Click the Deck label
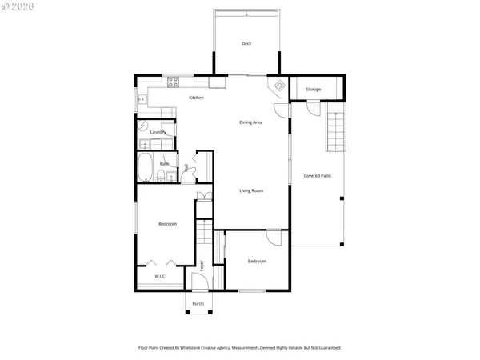tap(246, 43)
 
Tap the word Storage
tap(313, 89)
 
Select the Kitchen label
tap(196, 98)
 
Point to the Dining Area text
tap(251, 122)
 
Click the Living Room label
tap(251, 190)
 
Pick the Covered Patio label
tap(318, 175)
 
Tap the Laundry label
tap(158, 132)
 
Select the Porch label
tap(198, 303)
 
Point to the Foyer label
tap(202, 265)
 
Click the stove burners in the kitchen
tap(173, 80)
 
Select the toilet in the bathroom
tap(161, 175)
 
